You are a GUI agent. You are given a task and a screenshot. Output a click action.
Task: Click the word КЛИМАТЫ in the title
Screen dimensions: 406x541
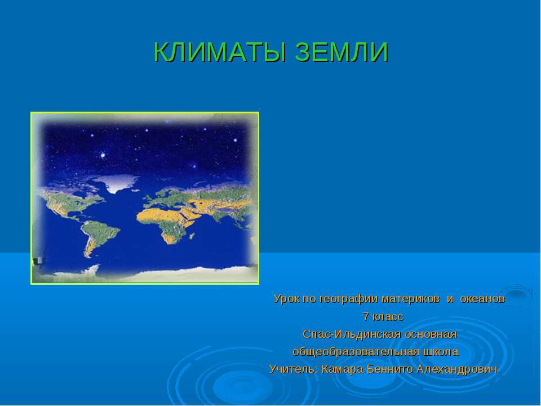[215, 52]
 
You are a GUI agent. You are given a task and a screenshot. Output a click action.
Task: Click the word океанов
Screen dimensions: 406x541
[482, 298]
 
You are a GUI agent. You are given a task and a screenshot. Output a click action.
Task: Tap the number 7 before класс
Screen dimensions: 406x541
[366, 316]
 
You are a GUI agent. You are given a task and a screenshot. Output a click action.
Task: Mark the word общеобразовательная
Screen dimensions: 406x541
[356, 352]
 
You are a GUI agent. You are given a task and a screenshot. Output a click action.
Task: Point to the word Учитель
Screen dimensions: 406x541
[294, 369]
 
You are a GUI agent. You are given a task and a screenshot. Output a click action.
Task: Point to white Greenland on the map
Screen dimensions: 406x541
[116, 183]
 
